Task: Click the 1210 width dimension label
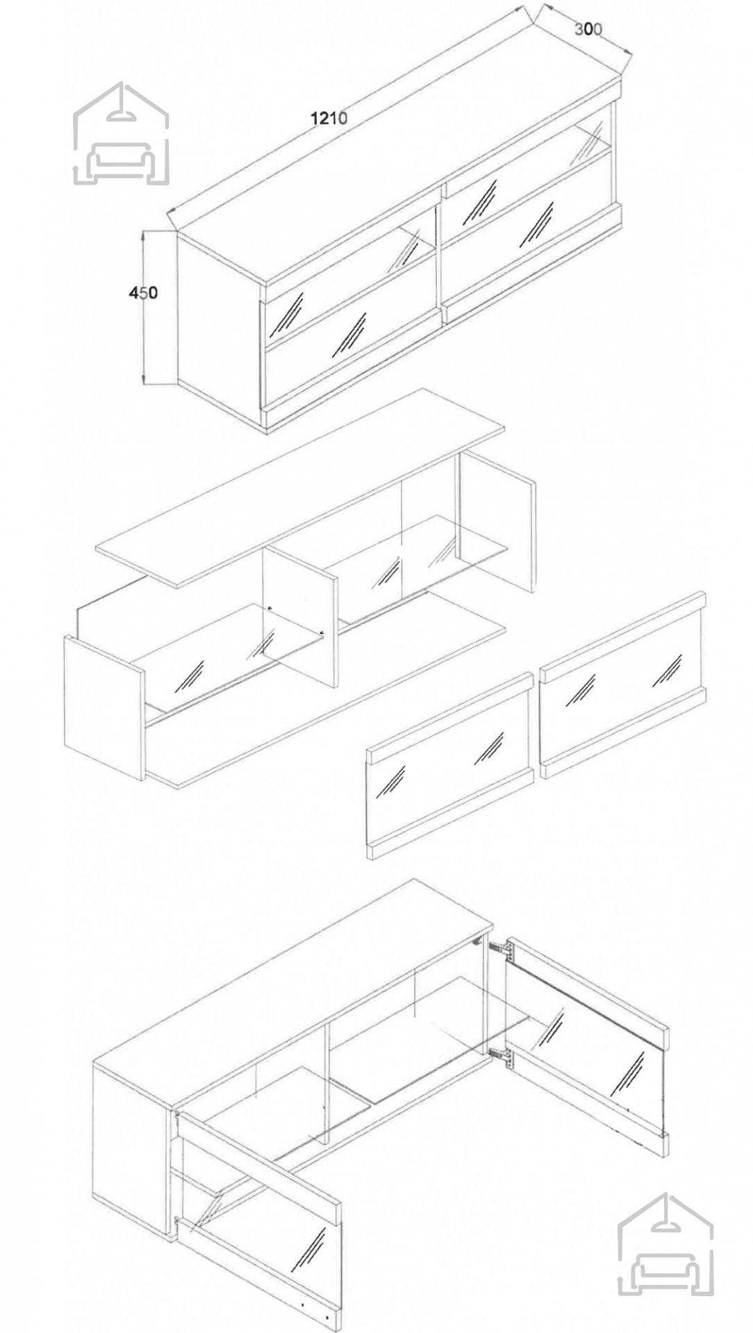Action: (x=329, y=118)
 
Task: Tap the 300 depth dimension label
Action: (x=588, y=29)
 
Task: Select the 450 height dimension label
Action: (x=143, y=293)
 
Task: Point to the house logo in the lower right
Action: (x=665, y=1244)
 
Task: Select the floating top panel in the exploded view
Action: (x=300, y=487)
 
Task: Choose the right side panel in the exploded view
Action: (x=497, y=521)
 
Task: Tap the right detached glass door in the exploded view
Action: (x=623, y=685)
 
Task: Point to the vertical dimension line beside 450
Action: (x=143, y=307)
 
